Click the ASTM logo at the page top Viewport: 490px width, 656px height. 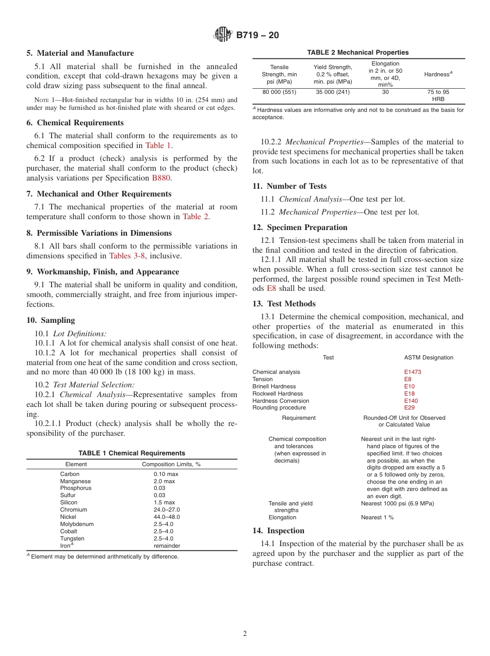[223, 35]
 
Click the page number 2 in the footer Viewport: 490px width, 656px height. [245, 633]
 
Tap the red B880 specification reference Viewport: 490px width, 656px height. [161, 178]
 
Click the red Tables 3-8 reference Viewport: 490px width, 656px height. [126, 256]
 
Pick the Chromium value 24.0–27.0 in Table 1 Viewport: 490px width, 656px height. [167, 510]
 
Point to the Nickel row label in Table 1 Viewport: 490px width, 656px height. [68, 517]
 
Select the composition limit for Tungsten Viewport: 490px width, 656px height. [164, 538]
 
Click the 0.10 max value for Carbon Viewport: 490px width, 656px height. [166, 473]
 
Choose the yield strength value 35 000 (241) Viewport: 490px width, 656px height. [333, 92]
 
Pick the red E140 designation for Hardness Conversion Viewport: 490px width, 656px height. [411, 401]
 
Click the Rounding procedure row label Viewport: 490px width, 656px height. [279, 408]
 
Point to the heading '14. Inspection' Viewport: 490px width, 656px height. [278, 531]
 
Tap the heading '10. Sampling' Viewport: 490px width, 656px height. [51, 320]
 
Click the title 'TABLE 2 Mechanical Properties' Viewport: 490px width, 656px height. [358, 52]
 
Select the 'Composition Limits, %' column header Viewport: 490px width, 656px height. [171, 464]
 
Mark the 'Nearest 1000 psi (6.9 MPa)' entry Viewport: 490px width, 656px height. [397, 503]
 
